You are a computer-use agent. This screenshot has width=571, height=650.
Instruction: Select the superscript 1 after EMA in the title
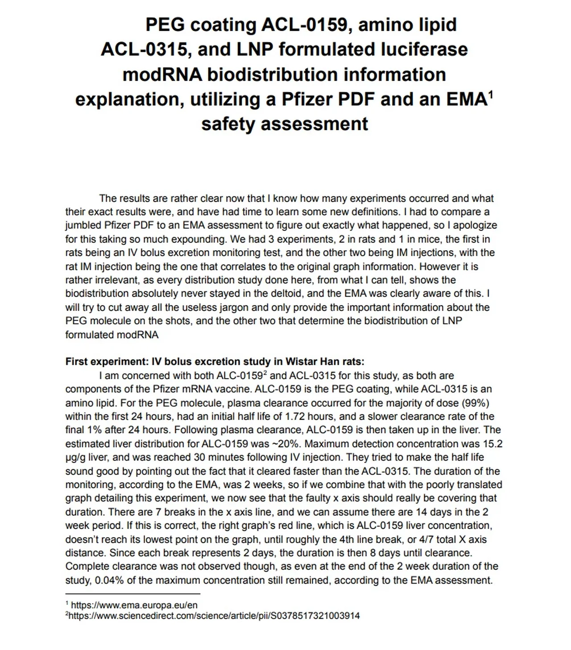[x=491, y=94]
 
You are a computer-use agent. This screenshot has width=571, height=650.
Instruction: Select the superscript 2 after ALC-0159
[x=265, y=373]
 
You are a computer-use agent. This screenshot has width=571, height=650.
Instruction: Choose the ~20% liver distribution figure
[x=287, y=444]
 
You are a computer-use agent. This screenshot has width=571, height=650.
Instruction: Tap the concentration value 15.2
[x=492, y=444]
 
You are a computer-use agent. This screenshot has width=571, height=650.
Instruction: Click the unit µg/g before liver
[x=75, y=457]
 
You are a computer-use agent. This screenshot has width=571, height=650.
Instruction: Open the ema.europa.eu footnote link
[x=134, y=605]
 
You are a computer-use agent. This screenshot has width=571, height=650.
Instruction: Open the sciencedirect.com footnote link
[x=214, y=616]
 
